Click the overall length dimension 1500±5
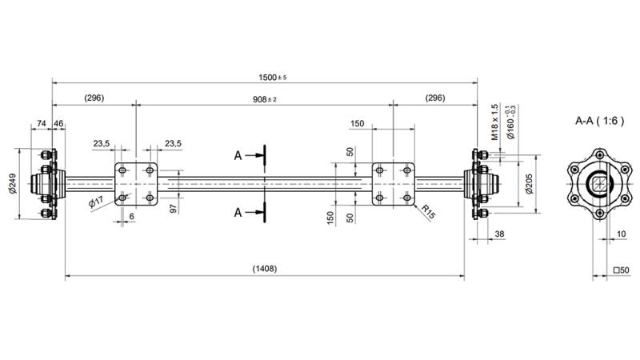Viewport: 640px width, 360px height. pos(272,77)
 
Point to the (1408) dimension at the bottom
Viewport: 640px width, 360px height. pos(264,270)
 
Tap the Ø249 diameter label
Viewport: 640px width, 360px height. pos(13,184)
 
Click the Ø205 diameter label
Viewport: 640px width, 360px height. pos(529,185)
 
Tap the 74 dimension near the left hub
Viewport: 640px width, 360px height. pos(41,125)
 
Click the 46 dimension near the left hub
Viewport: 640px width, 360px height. pos(58,125)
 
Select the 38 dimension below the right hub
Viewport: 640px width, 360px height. pos(500,234)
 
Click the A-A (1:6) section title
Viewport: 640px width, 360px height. pos(600,121)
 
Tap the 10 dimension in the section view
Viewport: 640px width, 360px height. pos(622,234)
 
